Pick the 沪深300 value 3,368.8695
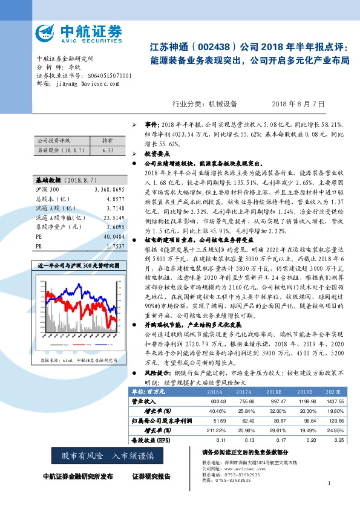110,190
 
